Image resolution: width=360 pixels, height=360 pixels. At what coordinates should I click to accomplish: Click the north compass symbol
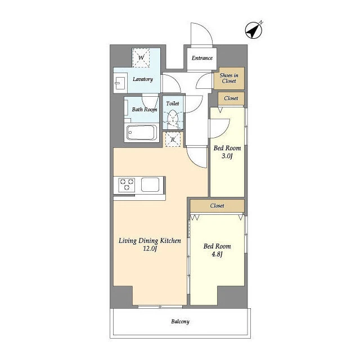[254, 30]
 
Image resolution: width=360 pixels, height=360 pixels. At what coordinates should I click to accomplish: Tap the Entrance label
[202, 58]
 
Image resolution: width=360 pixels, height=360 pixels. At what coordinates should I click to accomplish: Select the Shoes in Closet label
[229, 78]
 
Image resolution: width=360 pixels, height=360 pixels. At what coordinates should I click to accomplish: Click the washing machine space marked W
[141, 57]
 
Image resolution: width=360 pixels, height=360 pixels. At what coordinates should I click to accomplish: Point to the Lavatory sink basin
[120, 83]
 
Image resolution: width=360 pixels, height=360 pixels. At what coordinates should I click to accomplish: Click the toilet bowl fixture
[173, 119]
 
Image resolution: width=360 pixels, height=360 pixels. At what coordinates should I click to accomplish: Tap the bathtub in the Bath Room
[142, 133]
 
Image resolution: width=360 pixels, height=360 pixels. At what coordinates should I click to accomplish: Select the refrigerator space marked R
[173, 139]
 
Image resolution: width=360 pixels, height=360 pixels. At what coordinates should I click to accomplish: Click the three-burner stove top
[127, 185]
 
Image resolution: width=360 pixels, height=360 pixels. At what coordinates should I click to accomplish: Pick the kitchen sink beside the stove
[150, 184]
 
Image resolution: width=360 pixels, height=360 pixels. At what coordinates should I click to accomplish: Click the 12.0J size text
[150, 249]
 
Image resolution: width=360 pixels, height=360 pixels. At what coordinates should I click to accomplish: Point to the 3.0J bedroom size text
[227, 156]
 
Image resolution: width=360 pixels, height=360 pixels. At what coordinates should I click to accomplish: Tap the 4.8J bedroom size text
[217, 254]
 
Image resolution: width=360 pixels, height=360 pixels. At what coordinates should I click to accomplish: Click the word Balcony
[180, 321]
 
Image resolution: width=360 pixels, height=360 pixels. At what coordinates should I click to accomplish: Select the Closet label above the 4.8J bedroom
[217, 206]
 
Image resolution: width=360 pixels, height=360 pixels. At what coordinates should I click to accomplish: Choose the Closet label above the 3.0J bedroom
[231, 98]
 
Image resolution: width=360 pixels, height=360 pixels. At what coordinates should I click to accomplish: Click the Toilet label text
[173, 103]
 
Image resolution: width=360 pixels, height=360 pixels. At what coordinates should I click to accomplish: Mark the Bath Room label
[145, 110]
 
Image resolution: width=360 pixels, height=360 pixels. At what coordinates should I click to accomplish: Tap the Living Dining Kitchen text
[150, 241]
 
